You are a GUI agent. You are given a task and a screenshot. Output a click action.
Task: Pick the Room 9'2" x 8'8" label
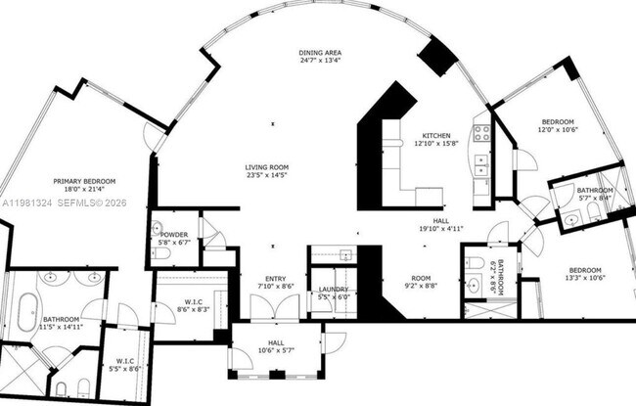point(422,282)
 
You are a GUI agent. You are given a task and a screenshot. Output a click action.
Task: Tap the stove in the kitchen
point(481,133)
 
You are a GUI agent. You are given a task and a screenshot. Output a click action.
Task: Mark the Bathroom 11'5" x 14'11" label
point(61,323)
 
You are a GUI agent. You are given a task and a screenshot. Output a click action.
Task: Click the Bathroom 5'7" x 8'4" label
point(594,195)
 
